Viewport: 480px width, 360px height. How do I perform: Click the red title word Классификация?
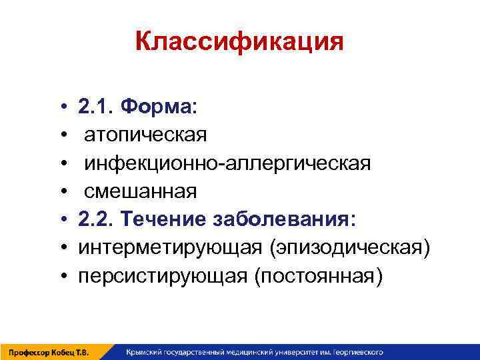[239, 42]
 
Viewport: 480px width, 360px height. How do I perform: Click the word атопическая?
[145, 135]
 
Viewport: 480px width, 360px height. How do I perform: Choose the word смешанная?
[140, 191]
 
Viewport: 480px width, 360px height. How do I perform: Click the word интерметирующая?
[171, 248]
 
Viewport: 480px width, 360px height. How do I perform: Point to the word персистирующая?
[163, 277]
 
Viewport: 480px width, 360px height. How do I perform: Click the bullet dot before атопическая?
[61, 135]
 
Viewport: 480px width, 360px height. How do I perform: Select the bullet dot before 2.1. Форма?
[61, 107]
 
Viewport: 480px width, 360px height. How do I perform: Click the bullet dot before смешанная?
[61, 192]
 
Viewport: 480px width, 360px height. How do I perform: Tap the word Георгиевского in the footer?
[356, 352]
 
